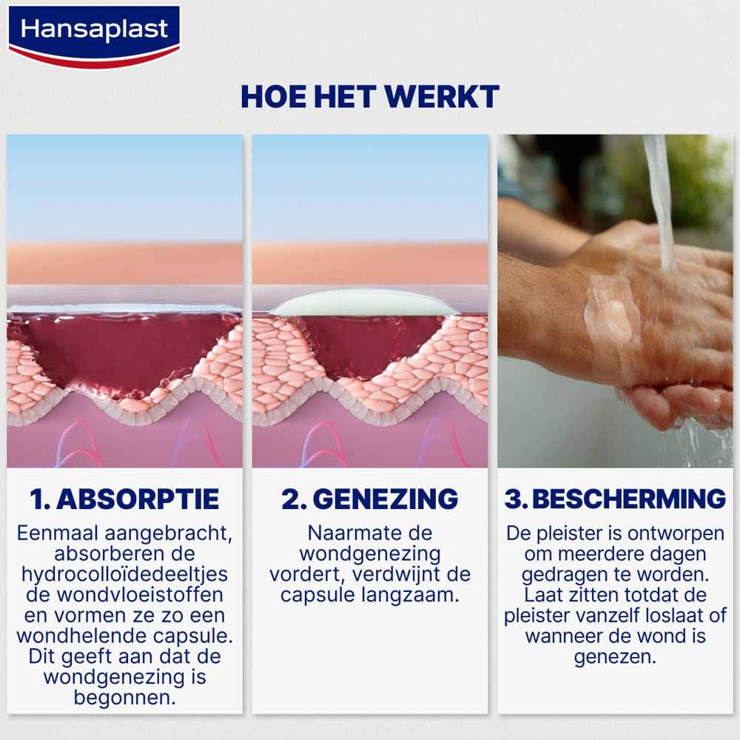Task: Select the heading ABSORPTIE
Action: pyautogui.click(x=138, y=499)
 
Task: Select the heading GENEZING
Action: pyautogui.click(x=385, y=499)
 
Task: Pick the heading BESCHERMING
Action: pyautogui.click(x=628, y=499)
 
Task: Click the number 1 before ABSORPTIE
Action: pyautogui.click(x=37, y=499)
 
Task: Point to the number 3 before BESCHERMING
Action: pyautogui.click(x=514, y=499)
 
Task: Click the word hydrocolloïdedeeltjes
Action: pyautogui.click(x=124, y=574)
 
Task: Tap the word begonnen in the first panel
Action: pyautogui.click(x=124, y=697)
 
